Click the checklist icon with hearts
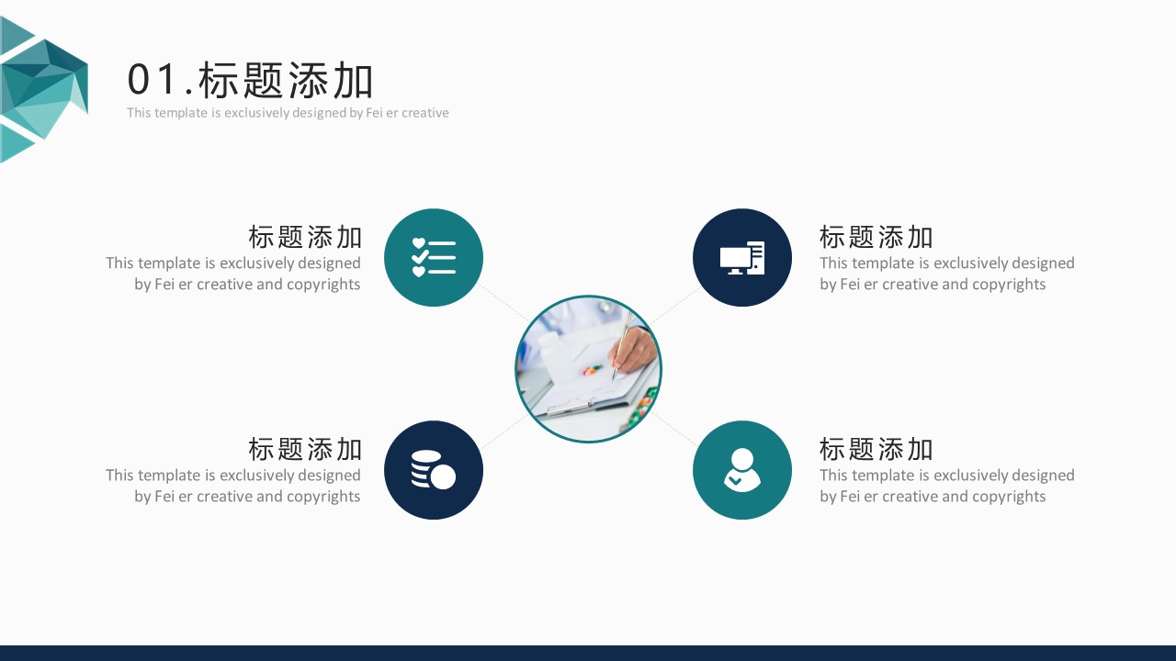[434, 258]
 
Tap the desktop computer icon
[741, 258]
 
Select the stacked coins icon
[433, 469]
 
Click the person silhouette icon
[741, 469]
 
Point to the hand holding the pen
[634, 349]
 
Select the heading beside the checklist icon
[304, 237]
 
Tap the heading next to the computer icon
[876, 237]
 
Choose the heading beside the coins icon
[304, 450]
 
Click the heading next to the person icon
[876, 450]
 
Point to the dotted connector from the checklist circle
[503, 302]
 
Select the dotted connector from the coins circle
[505, 431]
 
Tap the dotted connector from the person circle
[674, 430]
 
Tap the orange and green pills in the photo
[593, 369]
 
